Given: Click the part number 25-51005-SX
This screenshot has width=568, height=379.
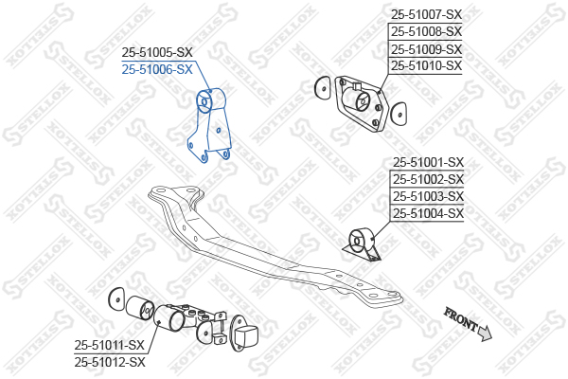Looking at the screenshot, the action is (157, 53).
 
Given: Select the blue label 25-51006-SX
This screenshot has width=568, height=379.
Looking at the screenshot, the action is (157, 69).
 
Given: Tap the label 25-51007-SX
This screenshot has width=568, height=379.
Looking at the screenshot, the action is (426, 15).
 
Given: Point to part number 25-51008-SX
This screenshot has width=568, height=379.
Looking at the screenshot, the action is (426, 32).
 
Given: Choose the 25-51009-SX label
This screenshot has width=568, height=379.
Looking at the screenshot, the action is (426, 49).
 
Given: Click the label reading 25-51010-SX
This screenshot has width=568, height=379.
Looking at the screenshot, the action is (426, 66).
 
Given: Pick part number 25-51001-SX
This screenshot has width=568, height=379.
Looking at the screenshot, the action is (428, 162).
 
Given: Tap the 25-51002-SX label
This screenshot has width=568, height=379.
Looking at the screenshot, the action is (428, 179).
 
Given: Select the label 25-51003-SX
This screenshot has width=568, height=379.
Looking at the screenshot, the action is (428, 196).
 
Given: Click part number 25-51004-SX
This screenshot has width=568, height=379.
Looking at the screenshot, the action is (428, 213).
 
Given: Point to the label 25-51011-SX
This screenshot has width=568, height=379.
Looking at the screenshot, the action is (110, 345).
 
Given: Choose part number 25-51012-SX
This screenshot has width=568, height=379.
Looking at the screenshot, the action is (110, 362).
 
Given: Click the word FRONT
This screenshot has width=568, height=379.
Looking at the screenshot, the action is (460, 318).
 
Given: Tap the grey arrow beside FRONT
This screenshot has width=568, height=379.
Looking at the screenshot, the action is (485, 333).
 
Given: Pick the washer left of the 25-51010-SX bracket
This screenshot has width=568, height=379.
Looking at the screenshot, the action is (323, 87).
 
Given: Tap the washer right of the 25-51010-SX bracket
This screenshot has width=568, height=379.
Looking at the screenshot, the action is (399, 115).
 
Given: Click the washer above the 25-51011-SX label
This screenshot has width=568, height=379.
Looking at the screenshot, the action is (116, 299).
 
